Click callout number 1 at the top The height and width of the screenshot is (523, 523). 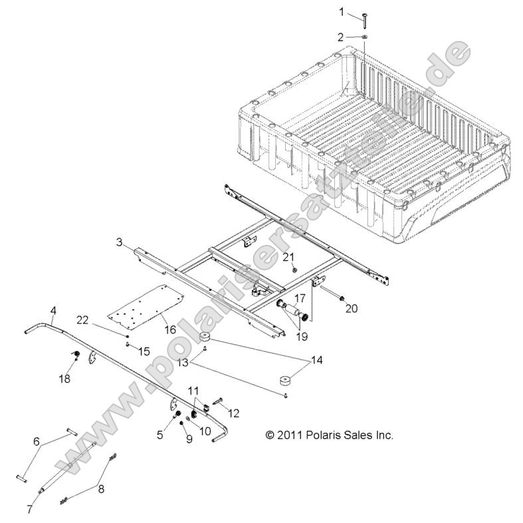[x=342, y=12]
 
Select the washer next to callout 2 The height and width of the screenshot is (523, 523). [x=366, y=38]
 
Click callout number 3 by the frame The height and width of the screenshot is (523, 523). [x=119, y=243]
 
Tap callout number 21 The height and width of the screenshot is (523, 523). [x=288, y=257]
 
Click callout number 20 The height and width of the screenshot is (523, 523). [x=352, y=289]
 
